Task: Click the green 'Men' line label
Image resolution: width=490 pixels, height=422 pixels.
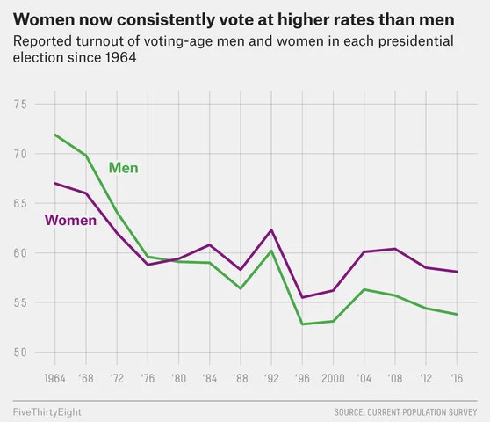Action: coord(123,168)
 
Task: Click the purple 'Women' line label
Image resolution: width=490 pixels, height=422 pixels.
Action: coord(69,221)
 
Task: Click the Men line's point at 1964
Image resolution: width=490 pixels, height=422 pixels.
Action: coord(54,135)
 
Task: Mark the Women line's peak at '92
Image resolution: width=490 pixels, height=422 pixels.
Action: coord(271,229)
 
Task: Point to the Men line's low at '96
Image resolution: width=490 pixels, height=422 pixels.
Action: coord(302,324)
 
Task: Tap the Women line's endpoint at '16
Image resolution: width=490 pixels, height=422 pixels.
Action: coord(457,272)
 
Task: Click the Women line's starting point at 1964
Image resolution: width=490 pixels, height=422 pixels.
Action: coord(54,183)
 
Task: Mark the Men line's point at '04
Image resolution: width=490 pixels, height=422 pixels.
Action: coord(364,289)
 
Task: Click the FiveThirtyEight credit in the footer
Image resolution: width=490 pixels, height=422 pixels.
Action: coord(44,411)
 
